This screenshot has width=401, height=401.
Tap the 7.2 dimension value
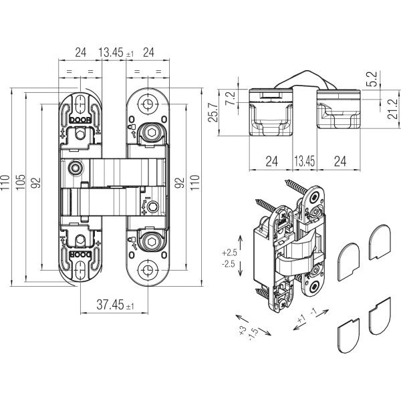tap(231, 98)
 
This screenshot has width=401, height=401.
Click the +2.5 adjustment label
tap(230, 253)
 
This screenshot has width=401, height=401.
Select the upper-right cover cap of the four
tap(380, 239)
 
